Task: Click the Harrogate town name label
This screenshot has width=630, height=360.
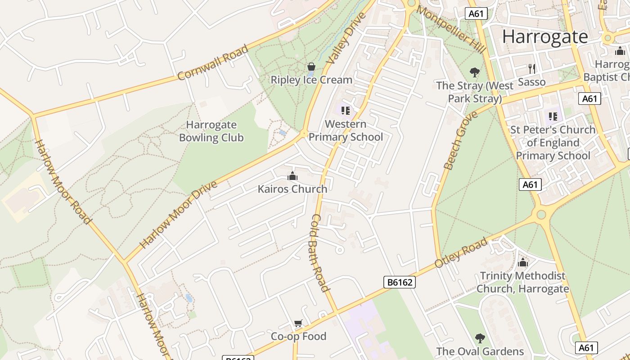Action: click(x=545, y=36)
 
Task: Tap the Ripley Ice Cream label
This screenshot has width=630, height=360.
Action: click(x=311, y=80)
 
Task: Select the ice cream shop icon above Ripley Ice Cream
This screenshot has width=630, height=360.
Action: click(x=311, y=67)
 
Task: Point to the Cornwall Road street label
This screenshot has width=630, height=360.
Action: click(x=212, y=62)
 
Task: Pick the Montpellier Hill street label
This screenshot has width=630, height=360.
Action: click(x=450, y=29)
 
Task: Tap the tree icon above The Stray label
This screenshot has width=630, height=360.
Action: click(x=474, y=72)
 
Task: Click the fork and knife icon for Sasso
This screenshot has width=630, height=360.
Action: click(x=532, y=69)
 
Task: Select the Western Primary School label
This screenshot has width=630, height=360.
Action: click(x=346, y=130)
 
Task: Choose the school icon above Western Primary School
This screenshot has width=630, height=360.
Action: click(x=346, y=110)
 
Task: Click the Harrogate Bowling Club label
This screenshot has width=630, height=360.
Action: click(x=211, y=131)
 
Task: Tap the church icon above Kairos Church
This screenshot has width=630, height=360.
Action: click(x=292, y=176)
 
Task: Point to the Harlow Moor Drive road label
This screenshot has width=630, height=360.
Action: click(x=178, y=215)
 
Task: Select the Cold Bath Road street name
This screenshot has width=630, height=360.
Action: click(x=320, y=252)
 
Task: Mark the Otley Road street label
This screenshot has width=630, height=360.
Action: click(x=461, y=252)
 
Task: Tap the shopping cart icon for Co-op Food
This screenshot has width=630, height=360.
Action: click(x=298, y=324)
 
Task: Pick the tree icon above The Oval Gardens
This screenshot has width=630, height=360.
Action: click(x=480, y=338)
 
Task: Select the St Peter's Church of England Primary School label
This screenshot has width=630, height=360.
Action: click(x=553, y=143)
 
